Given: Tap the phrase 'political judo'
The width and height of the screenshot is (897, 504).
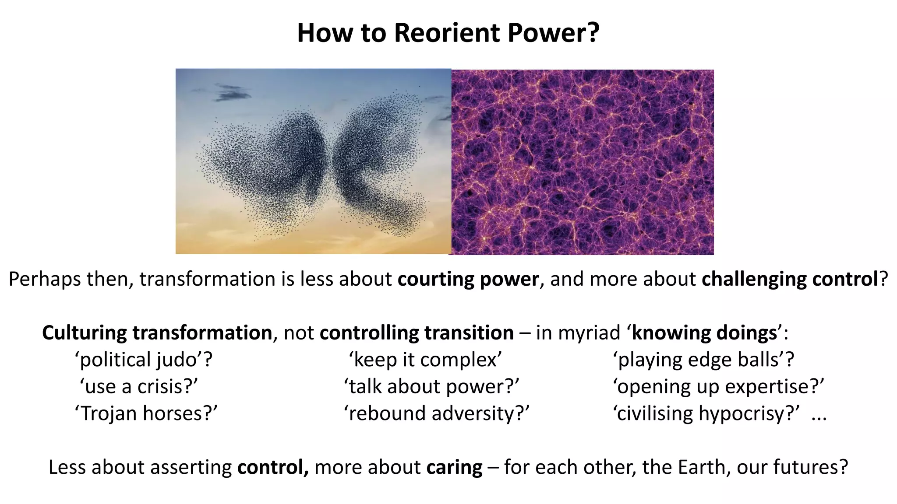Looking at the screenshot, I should [x=144, y=360].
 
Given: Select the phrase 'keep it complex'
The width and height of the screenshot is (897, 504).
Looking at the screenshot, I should [x=425, y=360].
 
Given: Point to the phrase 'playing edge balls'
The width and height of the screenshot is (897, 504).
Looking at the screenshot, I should [x=703, y=360].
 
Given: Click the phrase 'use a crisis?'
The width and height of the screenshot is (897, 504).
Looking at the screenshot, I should [x=139, y=387].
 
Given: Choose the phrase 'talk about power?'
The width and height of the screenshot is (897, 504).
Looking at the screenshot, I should [x=431, y=387].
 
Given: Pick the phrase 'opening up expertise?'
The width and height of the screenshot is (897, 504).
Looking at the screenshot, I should [x=718, y=387].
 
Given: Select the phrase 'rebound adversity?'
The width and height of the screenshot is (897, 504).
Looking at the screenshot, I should [x=437, y=413].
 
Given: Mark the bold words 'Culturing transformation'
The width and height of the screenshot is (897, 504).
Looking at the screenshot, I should [x=157, y=333].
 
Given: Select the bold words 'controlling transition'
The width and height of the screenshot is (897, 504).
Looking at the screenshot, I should [x=417, y=333].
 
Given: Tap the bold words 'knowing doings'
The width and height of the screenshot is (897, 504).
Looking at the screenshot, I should [x=704, y=333].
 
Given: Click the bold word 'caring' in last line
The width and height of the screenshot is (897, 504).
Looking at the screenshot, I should [x=454, y=467].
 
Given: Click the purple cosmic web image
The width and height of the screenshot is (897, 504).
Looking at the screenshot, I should [x=583, y=162].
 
